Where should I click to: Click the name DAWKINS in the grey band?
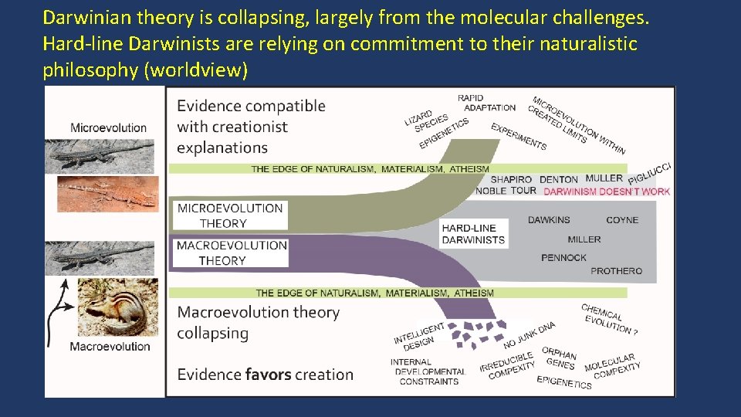coord(549,220)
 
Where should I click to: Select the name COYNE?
coord(622,220)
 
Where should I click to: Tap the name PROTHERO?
coord(616,271)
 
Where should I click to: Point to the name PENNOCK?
coord(563,258)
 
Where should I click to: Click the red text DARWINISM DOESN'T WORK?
coord(607,192)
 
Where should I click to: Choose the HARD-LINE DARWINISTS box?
coord(473,233)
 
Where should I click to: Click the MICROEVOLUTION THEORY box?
coord(230,215)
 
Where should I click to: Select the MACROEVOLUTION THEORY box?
coord(232,253)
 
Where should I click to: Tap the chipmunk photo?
coord(117,307)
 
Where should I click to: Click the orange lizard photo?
coord(107,194)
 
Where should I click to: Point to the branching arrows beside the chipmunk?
coord(62,314)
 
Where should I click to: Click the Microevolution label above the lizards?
coord(108,127)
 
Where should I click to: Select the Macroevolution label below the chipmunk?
coord(110,347)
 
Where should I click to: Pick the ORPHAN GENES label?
coord(560,358)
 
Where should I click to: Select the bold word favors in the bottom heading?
coord(267,375)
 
